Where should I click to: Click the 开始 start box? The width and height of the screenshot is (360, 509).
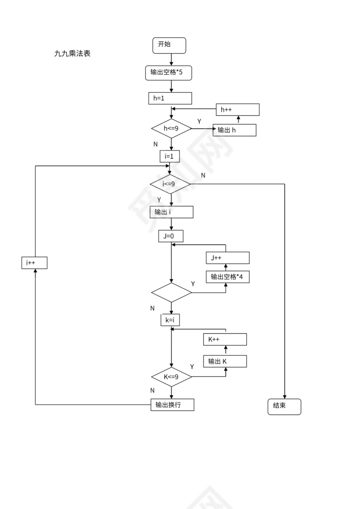[x=169, y=45]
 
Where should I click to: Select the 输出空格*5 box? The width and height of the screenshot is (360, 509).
[x=168, y=73]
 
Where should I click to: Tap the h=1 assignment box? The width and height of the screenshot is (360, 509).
[x=170, y=98]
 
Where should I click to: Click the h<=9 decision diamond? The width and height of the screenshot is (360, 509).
[x=171, y=128]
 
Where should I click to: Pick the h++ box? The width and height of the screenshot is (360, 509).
[x=238, y=110]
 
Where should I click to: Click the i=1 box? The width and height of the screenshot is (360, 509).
[x=169, y=156]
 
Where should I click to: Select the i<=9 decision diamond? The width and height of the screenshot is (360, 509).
[x=170, y=184]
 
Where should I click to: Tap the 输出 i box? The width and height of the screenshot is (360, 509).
[x=171, y=212]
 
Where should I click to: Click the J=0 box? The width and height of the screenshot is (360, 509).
[x=171, y=236]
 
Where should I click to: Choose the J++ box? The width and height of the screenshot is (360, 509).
[x=228, y=258]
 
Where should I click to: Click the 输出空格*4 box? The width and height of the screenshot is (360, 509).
[x=228, y=277]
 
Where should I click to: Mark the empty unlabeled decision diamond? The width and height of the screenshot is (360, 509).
[x=171, y=293]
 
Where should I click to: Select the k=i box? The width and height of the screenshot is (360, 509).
[x=170, y=320]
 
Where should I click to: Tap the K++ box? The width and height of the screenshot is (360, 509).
[x=225, y=339]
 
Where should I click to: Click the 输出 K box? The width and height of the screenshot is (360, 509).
[x=225, y=361]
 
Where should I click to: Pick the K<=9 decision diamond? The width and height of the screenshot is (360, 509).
[x=171, y=377]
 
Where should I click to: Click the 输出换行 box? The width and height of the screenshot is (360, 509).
[x=172, y=405]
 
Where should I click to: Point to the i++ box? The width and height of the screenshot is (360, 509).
[x=34, y=263]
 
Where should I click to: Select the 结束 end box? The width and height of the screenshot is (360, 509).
[x=284, y=407]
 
